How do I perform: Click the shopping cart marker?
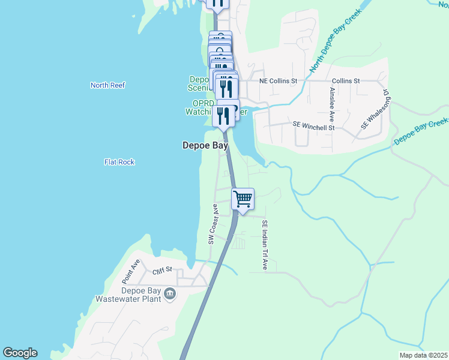click(x=243, y=199)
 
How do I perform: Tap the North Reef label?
click(x=108, y=85)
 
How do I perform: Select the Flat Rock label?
click(x=119, y=162)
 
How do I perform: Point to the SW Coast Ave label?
click(x=211, y=224)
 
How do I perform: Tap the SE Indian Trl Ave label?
click(x=264, y=245)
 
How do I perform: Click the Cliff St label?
click(x=162, y=270)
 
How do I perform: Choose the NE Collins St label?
click(x=278, y=80)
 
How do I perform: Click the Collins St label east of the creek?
click(x=346, y=80)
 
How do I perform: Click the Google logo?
click(x=20, y=353)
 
